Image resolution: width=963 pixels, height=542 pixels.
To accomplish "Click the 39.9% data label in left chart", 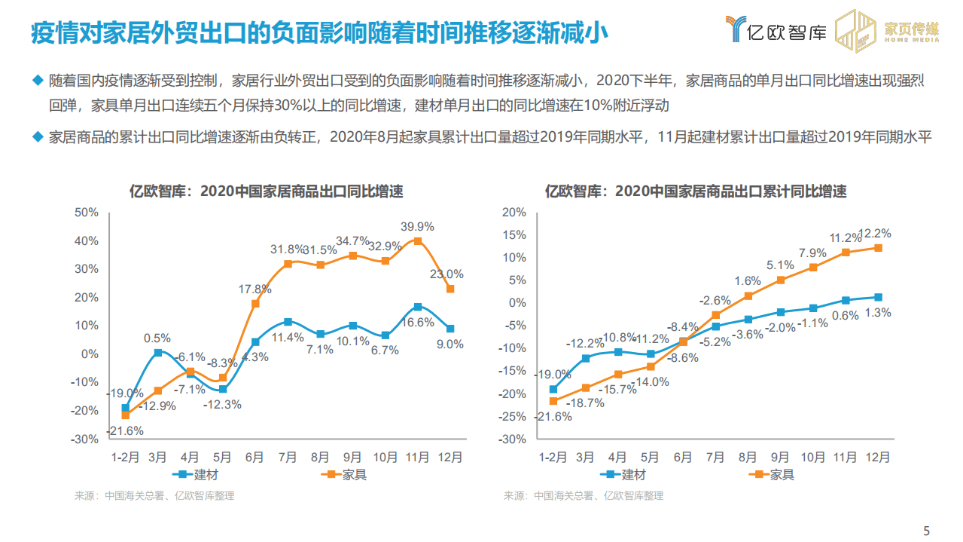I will pyautogui.click(x=416, y=226).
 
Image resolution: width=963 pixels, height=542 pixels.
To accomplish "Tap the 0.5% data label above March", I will pyautogui.click(x=157, y=338).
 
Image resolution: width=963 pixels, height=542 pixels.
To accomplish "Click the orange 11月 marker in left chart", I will pyautogui.click(x=417, y=241).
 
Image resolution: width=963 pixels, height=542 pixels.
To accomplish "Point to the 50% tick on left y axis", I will pyautogui.click(x=87, y=213).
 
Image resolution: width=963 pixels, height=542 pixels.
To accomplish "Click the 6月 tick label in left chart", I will pyautogui.click(x=254, y=457).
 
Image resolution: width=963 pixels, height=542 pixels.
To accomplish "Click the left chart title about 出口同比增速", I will pyautogui.click(x=267, y=191).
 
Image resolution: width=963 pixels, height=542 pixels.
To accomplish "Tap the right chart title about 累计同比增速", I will pyautogui.click(x=696, y=191).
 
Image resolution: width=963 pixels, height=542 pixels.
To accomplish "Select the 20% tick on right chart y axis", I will pyautogui.click(x=514, y=213).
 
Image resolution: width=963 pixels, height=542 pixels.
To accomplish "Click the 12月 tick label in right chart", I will pyautogui.click(x=877, y=457).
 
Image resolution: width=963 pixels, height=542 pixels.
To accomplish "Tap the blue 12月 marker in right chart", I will pyautogui.click(x=878, y=297).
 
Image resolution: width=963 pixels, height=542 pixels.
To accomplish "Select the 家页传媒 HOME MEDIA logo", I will pyautogui.click(x=888, y=31).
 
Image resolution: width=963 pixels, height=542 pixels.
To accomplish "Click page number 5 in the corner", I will pyautogui.click(x=927, y=528).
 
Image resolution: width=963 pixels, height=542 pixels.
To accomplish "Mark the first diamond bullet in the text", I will pyautogui.click(x=38, y=80).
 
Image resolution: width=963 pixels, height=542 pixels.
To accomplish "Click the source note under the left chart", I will pyautogui.click(x=154, y=496).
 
